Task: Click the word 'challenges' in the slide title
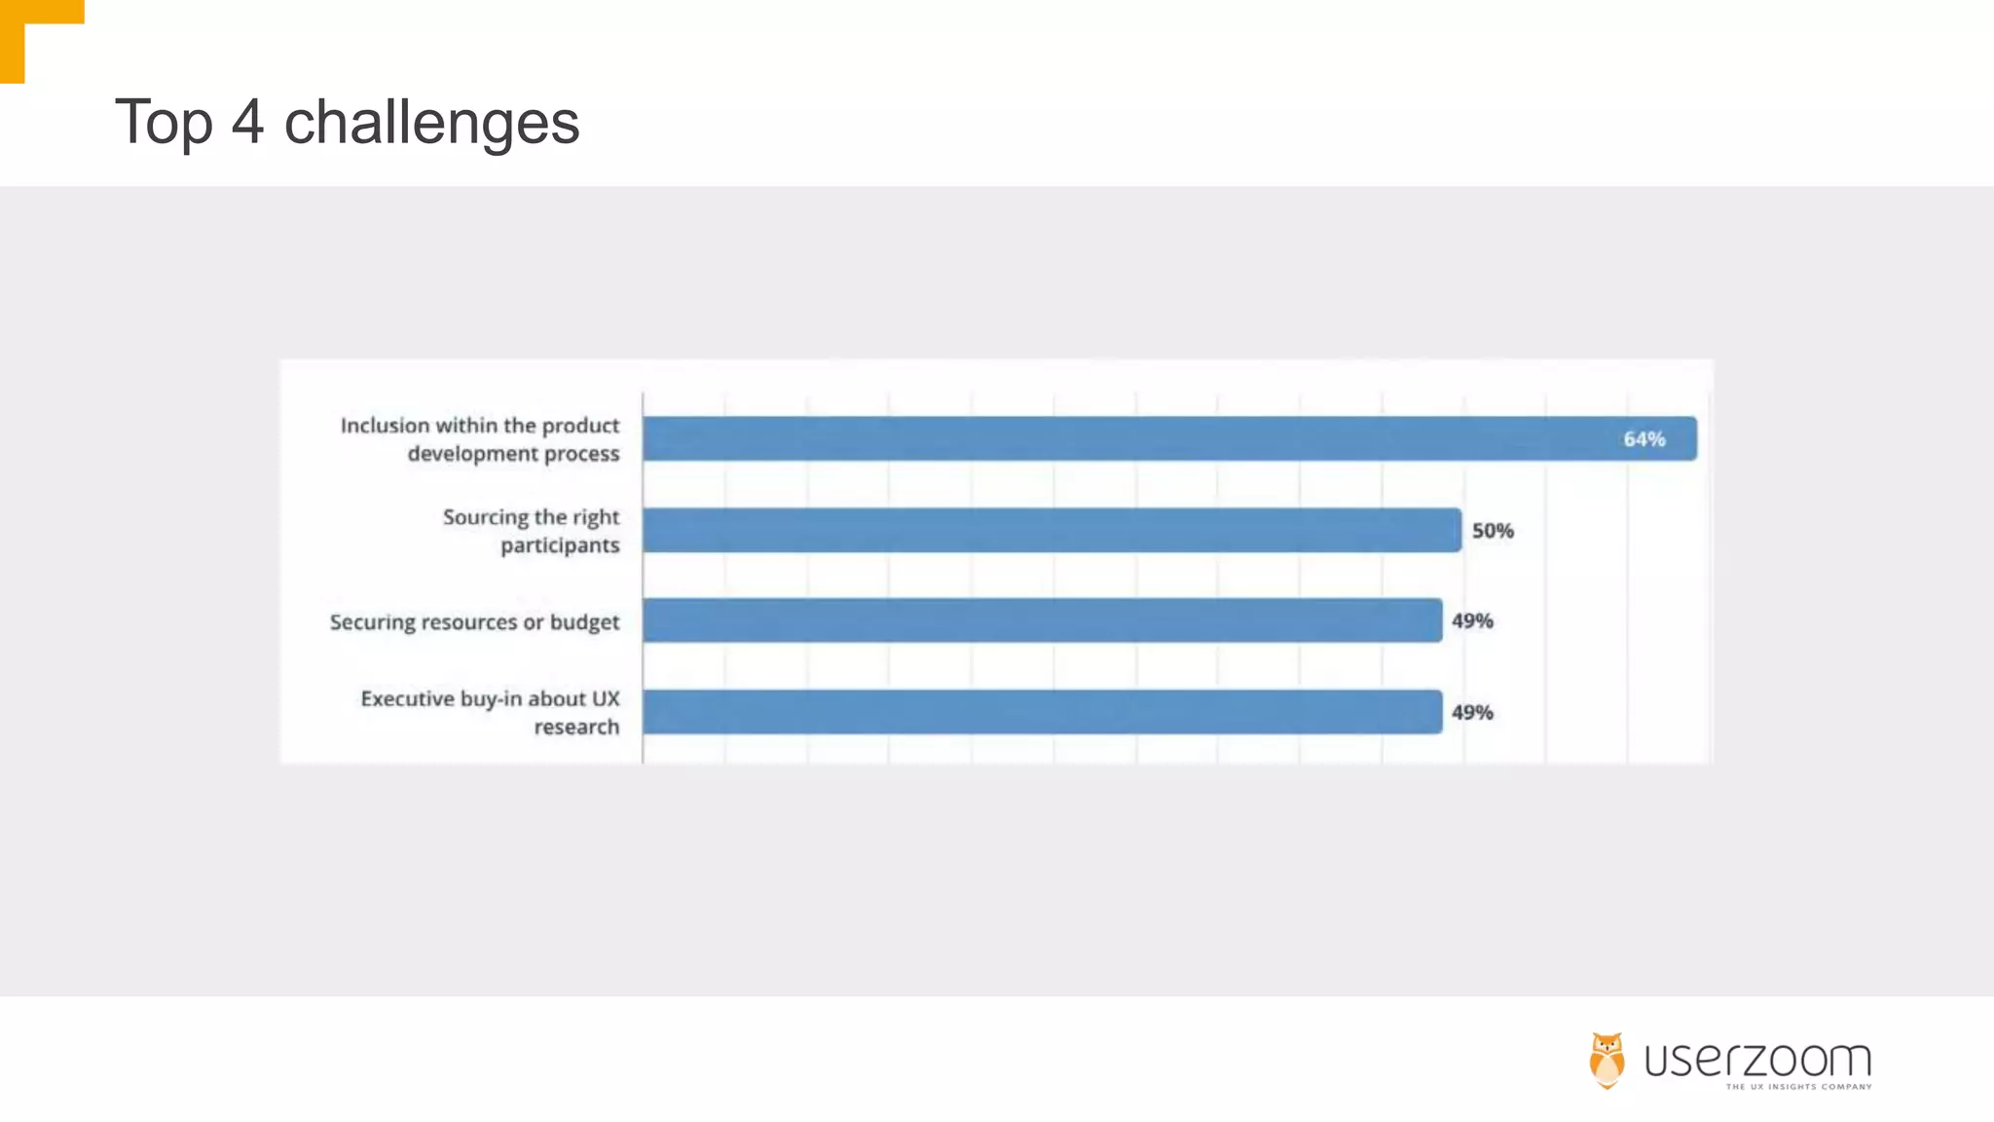pyautogui.click(x=431, y=124)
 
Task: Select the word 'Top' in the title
pyautogui.click(x=164, y=124)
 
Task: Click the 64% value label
pyautogui.click(x=1643, y=439)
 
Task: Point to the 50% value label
pyautogui.click(x=1493, y=531)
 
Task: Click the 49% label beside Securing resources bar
pyautogui.click(x=1472, y=620)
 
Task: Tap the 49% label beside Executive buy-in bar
pyautogui.click(x=1472, y=712)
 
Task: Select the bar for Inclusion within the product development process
pyautogui.click(x=1168, y=438)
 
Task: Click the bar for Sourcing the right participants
pyautogui.click(x=1052, y=530)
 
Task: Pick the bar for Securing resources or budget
pyautogui.click(x=1042, y=620)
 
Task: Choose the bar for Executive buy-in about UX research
pyautogui.click(x=1042, y=712)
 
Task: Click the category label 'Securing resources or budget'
pyautogui.click(x=474, y=621)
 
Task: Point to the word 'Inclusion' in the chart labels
pyautogui.click(x=385, y=426)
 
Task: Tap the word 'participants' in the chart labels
pyautogui.click(x=560, y=545)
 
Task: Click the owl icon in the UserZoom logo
pyautogui.click(x=1606, y=1060)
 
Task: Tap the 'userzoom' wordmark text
pyautogui.click(x=1757, y=1059)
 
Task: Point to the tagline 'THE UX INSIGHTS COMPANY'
pyautogui.click(x=1798, y=1087)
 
